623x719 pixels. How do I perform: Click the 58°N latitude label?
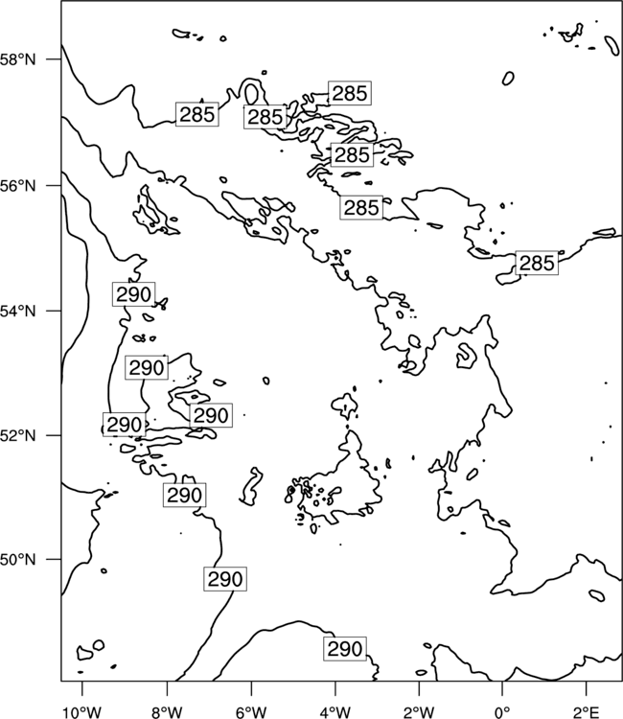click(x=18, y=59)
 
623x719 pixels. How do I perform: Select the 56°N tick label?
click(x=18, y=186)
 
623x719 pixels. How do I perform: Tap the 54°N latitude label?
click(x=18, y=311)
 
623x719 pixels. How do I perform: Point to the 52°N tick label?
click(x=18, y=435)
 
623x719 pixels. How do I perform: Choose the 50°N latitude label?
click(x=18, y=560)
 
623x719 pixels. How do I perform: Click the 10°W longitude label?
click(x=82, y=712)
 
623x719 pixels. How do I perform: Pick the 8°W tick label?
click(x=167, y=712)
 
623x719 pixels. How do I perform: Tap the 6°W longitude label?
click(x=251, y=712)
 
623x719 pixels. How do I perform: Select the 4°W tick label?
click(x=335, y=712)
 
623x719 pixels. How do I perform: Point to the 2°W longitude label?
click(x=419, y=712)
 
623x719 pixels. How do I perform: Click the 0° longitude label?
click(x=502, y=712)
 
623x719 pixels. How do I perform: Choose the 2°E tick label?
click(x=587, y=712)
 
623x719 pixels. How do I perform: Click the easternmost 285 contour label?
click(x=537, y=264)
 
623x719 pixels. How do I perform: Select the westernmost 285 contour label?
click(x=197, y=114)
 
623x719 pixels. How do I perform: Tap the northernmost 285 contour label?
click(x=349, y=93)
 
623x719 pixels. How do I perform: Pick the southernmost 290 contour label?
click(x=345, y=649)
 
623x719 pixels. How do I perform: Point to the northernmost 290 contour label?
click(x=133, y=294)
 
